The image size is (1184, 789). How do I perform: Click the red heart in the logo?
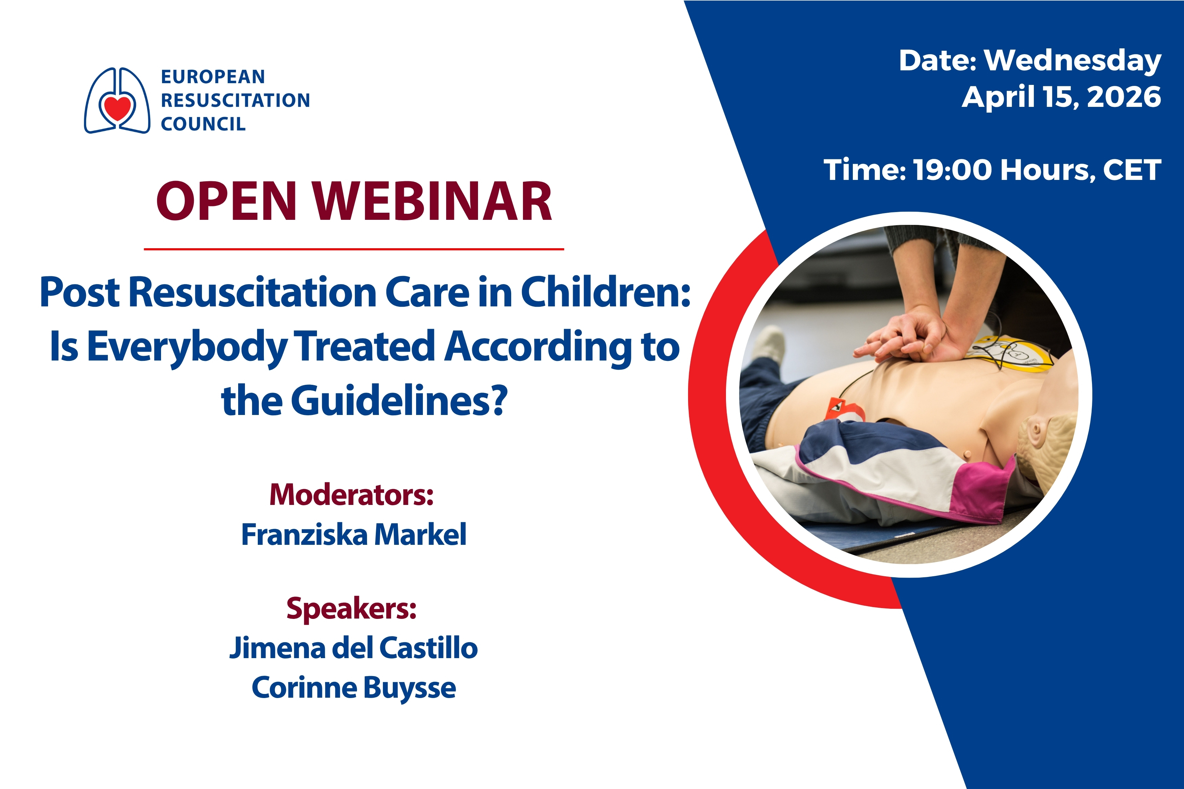[x=117, y=107]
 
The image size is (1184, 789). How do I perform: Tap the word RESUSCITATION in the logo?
[x=235, y=100]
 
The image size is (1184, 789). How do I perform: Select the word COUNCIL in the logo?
[x=203, y=124]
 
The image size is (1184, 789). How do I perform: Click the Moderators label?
[x=351, y=495]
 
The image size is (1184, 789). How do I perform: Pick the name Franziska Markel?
[x=354, y=534]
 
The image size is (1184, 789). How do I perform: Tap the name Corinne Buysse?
[x=354, y=687]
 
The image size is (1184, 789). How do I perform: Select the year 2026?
[x=1124, y=97]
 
